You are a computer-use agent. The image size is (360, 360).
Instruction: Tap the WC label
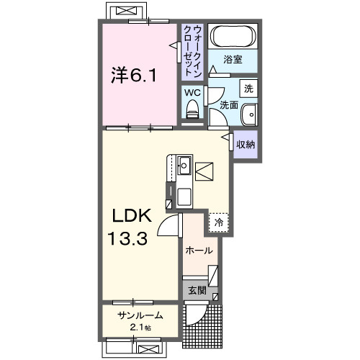point(192,93)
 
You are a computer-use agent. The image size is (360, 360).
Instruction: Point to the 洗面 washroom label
point(229,105)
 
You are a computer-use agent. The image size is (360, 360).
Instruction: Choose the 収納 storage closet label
point(246,145)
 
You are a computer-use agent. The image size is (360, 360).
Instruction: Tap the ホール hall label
point(199,251)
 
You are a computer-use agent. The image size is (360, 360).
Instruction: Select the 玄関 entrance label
point(197,291)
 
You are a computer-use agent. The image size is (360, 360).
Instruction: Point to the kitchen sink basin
point(184,164)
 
